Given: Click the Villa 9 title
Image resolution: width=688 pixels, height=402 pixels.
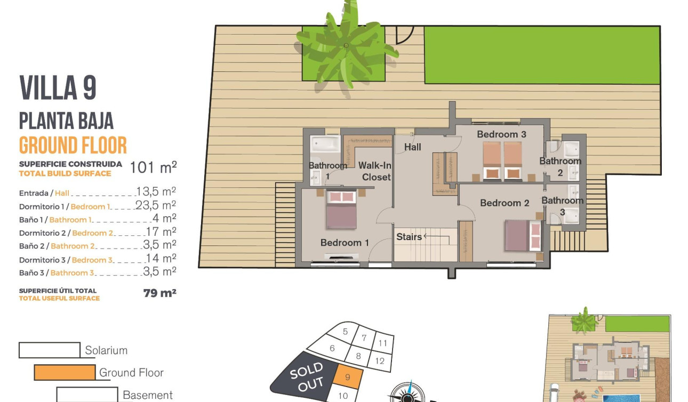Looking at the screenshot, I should [58, 88].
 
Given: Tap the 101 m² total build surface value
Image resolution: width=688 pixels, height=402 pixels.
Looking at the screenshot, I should [153, 168].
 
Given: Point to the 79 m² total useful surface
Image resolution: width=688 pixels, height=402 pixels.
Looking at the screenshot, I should [159, 293].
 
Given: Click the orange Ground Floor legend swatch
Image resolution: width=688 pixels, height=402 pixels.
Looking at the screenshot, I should [65, 372].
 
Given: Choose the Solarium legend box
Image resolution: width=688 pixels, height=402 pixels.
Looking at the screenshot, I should [50, 350].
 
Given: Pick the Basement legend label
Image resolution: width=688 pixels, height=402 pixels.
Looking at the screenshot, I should [148, 395].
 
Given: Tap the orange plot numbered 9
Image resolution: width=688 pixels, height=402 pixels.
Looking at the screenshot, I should [348, 378].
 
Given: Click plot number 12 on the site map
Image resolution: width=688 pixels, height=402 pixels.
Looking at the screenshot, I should [380, 361].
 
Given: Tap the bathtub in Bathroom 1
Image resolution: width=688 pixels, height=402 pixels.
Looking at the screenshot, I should [325, 144].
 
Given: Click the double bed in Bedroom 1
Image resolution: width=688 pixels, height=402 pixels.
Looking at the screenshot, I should [341, 209].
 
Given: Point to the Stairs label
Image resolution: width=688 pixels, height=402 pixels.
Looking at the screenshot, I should [409, 237].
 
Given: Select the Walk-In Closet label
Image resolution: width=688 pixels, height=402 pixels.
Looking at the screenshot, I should [375, 171].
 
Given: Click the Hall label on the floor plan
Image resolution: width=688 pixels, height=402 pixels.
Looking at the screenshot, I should [412, 147].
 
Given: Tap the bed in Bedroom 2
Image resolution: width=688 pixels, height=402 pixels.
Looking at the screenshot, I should [523, 235].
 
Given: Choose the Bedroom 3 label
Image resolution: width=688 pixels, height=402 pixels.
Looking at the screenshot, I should [501, 134].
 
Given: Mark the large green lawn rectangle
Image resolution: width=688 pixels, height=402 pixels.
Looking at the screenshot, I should [541, 55].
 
